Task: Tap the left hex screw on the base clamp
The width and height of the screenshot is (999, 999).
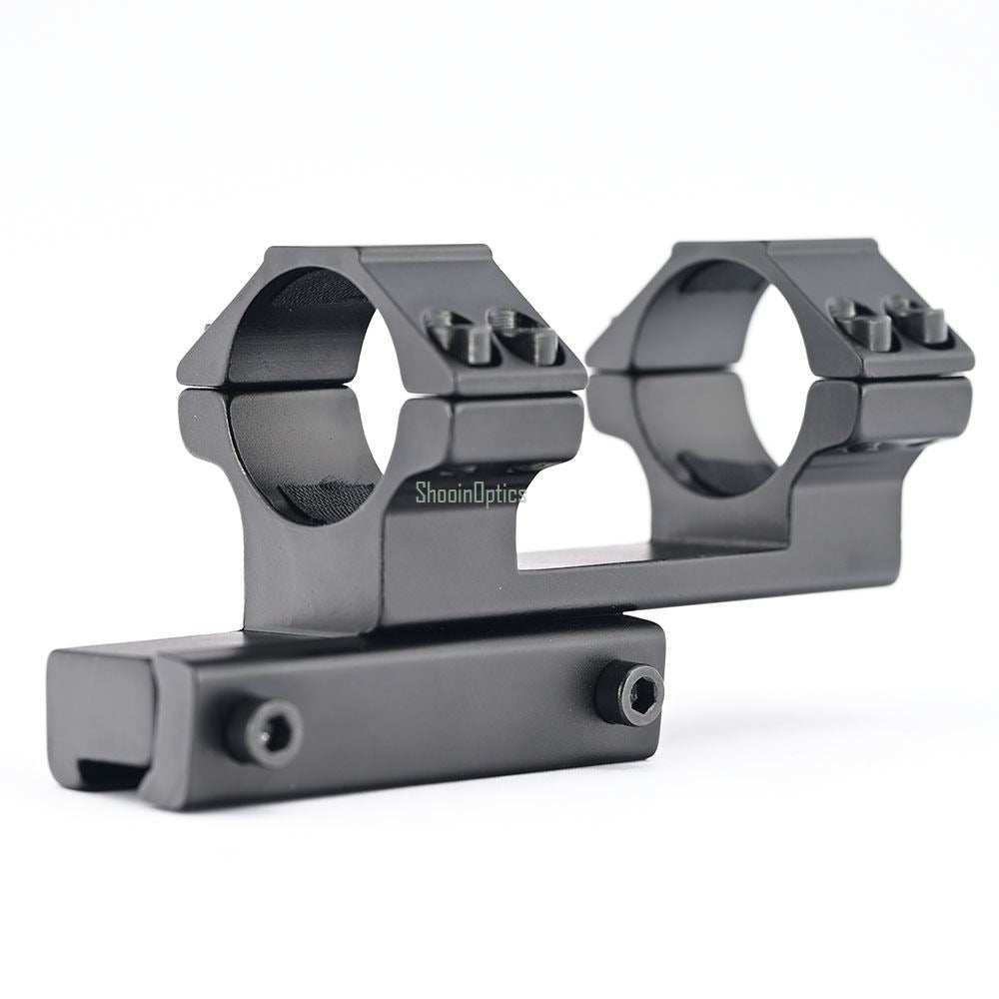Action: pos(264,731)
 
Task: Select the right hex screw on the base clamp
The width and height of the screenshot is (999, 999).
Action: pos(630,692)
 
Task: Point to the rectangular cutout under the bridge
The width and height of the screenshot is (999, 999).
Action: pos(579,519)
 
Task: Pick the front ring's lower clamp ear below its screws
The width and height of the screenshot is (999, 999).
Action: pos(514,430)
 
